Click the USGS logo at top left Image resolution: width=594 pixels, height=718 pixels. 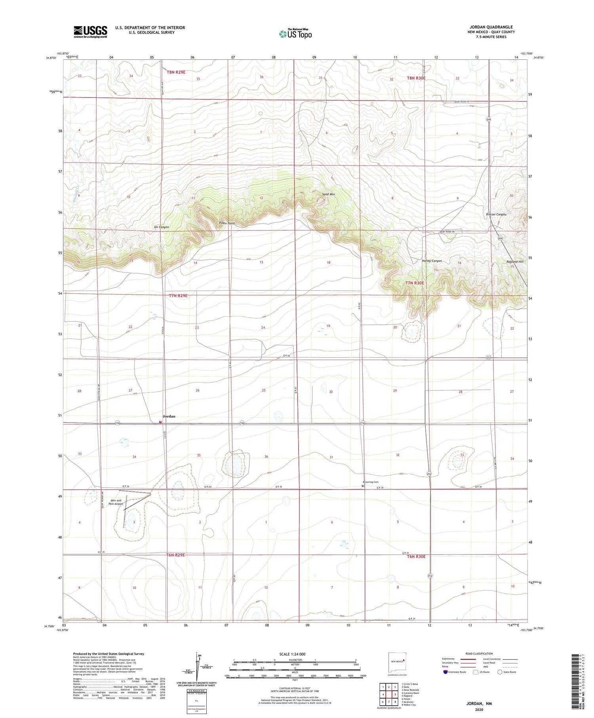click(x=90, y=32)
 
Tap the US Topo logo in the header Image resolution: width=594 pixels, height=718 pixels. click(x=295, y=34)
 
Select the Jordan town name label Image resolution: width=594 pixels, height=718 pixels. click(x=169, y=416)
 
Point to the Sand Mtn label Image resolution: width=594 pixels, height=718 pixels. click(x=328, y=194)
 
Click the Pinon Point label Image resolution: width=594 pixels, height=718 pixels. click(x=227, y=223)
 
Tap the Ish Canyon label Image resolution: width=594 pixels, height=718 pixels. click(x=161, y=227)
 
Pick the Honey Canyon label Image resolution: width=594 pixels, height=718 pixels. click(x=432, y=261)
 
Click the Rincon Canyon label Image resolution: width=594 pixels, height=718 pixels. click(x=496, y=214)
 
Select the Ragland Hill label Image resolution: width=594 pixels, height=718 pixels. click(x=515, y=261)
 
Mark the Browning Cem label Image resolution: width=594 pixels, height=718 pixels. click(x=370, y=482)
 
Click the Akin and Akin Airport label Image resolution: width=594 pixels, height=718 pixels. click(x=116, y=502)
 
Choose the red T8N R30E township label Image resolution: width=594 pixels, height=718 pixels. click(x=416, y=78)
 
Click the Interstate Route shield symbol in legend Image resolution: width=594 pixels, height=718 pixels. click(x=445, y=672)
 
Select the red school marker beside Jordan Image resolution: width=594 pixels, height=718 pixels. click(x=160, y=422)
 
